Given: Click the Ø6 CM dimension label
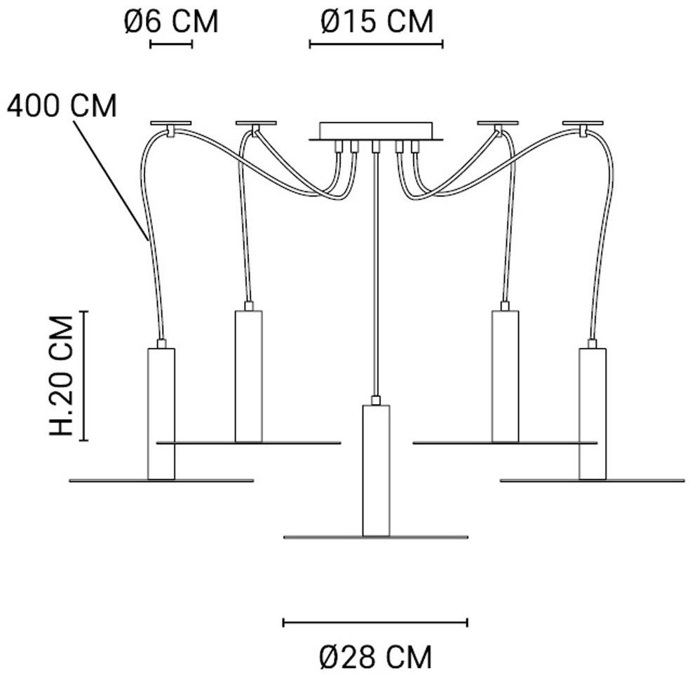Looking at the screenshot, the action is click(171, 21).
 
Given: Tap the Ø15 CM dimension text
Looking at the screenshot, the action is click(377, 21).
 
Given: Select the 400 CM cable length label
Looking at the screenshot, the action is click(62, 105).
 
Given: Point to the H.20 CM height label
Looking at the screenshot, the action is click(61, 376).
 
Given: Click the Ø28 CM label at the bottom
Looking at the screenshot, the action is click(376, 656).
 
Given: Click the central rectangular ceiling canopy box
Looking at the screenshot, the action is click(376, 131).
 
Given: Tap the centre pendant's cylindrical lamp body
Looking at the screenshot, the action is click(376, 470).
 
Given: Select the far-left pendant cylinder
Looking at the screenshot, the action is click(161, 414).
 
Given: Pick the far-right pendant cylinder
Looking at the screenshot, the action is click(593, 414).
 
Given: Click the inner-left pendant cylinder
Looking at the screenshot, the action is click(248, 376).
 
